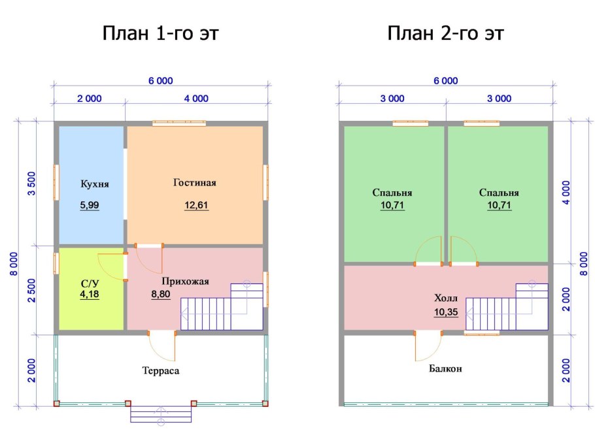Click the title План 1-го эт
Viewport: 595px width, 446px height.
tap(160, 33)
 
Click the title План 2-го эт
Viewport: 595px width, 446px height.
tap(445, 33)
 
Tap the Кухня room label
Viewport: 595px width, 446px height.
tap(95, 184)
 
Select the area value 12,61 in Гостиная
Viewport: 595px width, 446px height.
tap(196, 206)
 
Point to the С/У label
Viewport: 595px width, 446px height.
tap(90, 284)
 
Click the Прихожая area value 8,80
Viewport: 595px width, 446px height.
tap(160, 294)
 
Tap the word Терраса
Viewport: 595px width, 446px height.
tap(160, 371)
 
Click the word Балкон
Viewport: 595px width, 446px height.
tap(445, 368)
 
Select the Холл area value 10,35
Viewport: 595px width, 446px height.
tap(446, 312)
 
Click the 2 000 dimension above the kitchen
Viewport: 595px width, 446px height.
tap(90, 99)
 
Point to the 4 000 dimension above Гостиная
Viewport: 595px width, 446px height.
tap(196, 99)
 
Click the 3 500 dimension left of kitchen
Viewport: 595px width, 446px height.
tap(32, 183)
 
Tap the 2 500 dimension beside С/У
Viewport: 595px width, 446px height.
tap(32, 291)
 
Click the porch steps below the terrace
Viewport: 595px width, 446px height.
tap(161, 414)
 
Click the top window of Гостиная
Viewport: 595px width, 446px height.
tap(179, 123)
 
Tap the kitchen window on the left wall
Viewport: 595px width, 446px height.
tap(56, 182)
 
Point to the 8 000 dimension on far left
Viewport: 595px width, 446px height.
tap(14, 264)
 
